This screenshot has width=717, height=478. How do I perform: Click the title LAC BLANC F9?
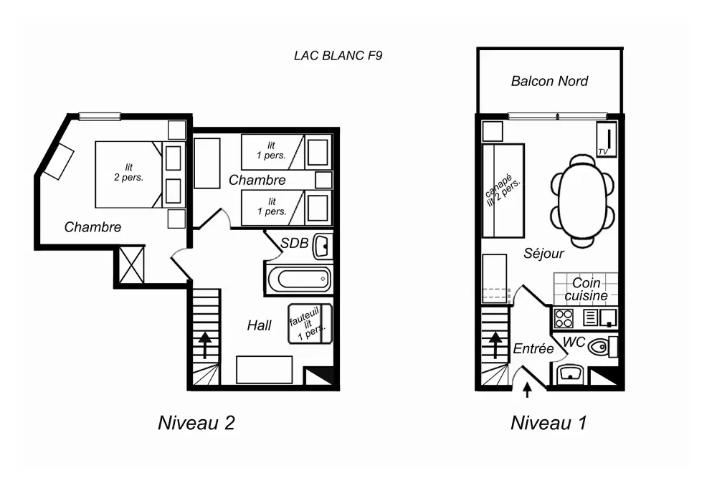click(x=338, y=56)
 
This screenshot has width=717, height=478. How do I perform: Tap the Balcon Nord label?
click(x=549, y=82)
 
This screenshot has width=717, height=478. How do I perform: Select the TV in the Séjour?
click(x=607, y=139)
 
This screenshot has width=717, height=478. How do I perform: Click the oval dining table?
click(x=582, y=201)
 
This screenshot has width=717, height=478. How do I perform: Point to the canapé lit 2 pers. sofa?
click(x=503, y=191)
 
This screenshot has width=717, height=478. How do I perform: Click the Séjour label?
click(x=543, y=253)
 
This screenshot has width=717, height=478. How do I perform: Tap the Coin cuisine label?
click(x=586, y=289)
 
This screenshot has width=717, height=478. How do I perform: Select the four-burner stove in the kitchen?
click(x=564, y=318)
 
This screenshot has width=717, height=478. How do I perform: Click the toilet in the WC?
click(x=602, y=347)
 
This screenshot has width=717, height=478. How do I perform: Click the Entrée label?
click(x=533, y=349)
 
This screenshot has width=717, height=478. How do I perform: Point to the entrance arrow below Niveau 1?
click(x=527, y=390)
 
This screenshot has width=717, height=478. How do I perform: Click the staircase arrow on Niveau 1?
click(x=495, y=345)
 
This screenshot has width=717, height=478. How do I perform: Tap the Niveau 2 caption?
click(x=196, y=423)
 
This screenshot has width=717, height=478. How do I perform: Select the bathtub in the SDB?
click(x=299, y=279)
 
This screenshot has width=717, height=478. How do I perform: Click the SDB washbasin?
click(x=321, y=247)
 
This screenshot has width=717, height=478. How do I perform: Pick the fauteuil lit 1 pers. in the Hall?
click(x=310, y=324)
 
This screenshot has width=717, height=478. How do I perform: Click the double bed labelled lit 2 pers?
click(x=128, y=175)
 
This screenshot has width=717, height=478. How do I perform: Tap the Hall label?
click(x=260, y=325)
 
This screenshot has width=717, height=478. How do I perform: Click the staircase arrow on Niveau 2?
click(x=204, y=345)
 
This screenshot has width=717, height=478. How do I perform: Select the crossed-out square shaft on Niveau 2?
click(x=132, y=264)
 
